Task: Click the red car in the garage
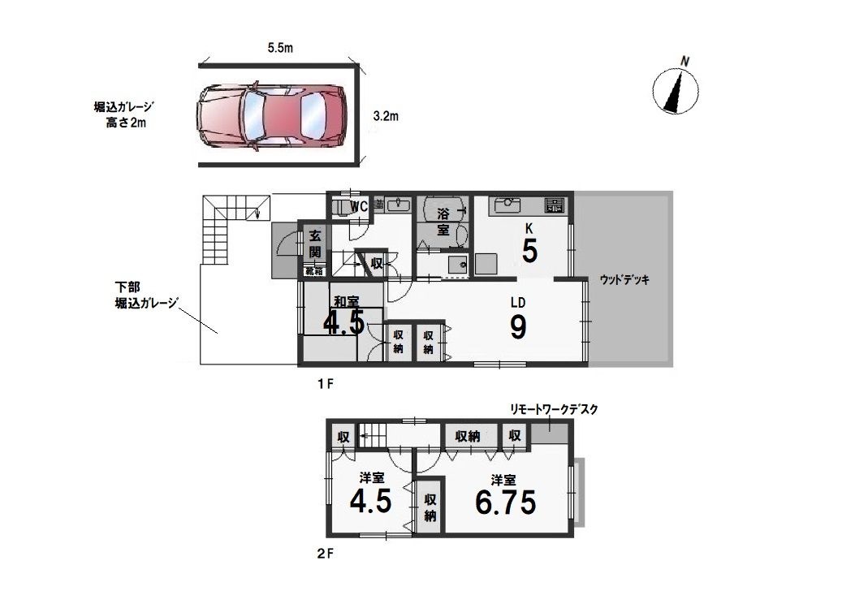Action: pos(271,117)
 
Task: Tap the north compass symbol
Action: pos(676,88)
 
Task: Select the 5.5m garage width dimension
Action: pos(280,48)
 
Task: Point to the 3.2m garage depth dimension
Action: pos(386,115)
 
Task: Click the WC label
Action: pos(358,206)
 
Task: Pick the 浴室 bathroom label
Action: pos(443,222)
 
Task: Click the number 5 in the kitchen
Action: pos(529,252)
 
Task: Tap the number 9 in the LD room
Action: pos(518,327)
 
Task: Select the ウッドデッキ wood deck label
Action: pos(624,279)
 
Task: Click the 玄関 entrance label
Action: pos(314,244)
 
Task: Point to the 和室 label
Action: pos(346,301)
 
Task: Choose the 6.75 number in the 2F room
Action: pos(506,502)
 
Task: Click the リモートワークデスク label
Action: pos(554,409)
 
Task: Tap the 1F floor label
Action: pos(325,384)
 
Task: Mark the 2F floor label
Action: pos(325,554)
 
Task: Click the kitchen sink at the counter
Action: pos(507,205)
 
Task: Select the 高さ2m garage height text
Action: pos(126,123)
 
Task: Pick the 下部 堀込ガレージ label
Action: pos(146,295)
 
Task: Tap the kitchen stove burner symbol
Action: pos(555,205)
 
